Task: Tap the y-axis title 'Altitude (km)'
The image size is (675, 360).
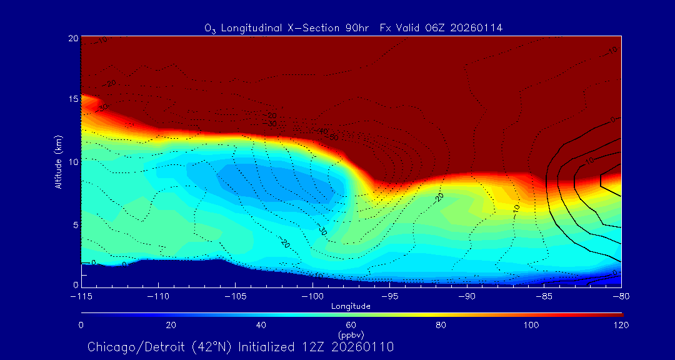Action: [58, 161]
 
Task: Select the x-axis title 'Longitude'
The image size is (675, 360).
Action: [351, 306]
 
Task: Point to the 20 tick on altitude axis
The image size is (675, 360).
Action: [73, 38]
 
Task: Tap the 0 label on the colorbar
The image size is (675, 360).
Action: [81, 325]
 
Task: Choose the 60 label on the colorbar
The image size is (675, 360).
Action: [351, 325]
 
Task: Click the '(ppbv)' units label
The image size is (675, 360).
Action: [351, 335]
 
